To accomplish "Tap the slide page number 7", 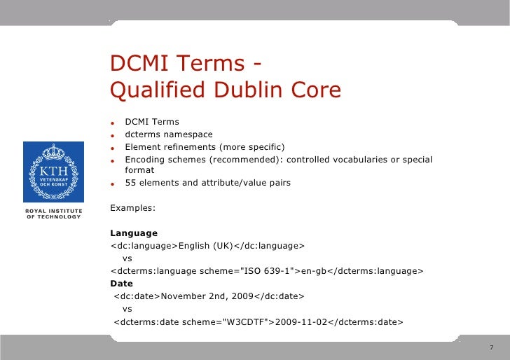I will click(x=492, y=348).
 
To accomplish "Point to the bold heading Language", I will click(x=134, y=233).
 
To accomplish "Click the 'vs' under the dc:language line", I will click(x=127, y=258).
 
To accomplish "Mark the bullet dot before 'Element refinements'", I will click(x=111, y=148).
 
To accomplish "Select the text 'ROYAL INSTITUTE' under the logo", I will click(x=53, y=211).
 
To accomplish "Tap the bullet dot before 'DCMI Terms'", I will click(x=111, y=123).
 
